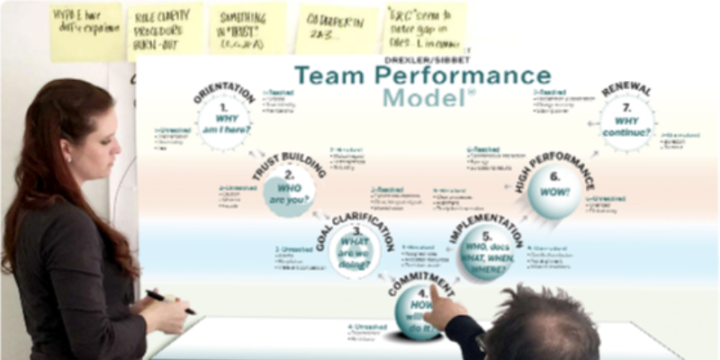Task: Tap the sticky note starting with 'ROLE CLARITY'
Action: [x=165, y=29]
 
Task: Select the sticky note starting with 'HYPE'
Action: [x=86, y=29]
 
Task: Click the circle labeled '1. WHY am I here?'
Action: [x=223, y=122]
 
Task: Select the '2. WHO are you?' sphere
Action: [x=289, y=192]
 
